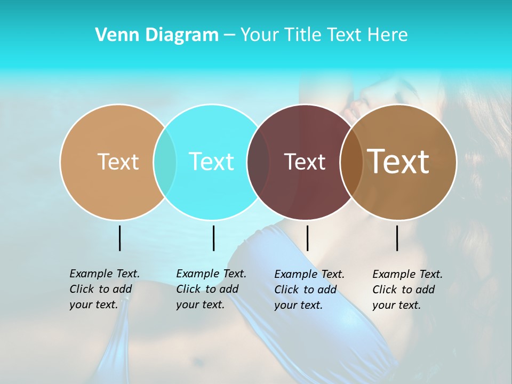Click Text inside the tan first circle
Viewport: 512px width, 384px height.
[118, 162]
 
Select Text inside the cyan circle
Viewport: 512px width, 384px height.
[211, 162]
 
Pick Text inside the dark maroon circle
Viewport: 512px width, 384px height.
[305, 162]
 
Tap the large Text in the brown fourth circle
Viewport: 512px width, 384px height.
[398, 161]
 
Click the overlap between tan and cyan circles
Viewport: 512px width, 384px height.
[165, 162]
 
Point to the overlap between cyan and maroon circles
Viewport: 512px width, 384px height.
[258, 162]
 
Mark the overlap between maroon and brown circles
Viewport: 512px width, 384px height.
[350, 162]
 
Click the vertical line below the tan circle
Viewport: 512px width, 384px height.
[119, 238]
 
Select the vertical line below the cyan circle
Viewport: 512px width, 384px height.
[213, 238]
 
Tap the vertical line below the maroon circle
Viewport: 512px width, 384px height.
[307, 238]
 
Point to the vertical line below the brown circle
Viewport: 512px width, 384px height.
[397, 238]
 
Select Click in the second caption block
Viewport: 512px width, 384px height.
[188, 289]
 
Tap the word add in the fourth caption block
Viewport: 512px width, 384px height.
[425, 290]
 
